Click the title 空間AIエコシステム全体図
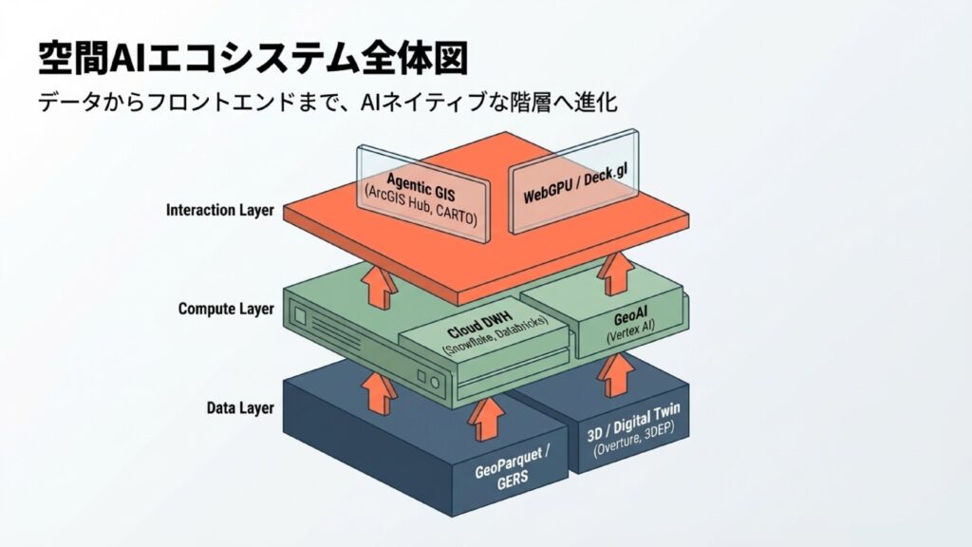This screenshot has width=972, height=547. point(252,58)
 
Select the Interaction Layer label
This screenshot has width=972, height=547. point(219,210)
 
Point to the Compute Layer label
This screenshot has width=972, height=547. point(226,310)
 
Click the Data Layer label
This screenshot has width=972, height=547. point(240,408)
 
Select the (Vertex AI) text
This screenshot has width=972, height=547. point(630,337)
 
